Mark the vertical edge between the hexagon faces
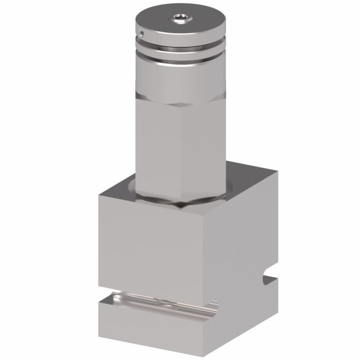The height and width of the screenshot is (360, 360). point(180,149)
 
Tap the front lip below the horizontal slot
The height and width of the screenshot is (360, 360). point(154,329)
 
